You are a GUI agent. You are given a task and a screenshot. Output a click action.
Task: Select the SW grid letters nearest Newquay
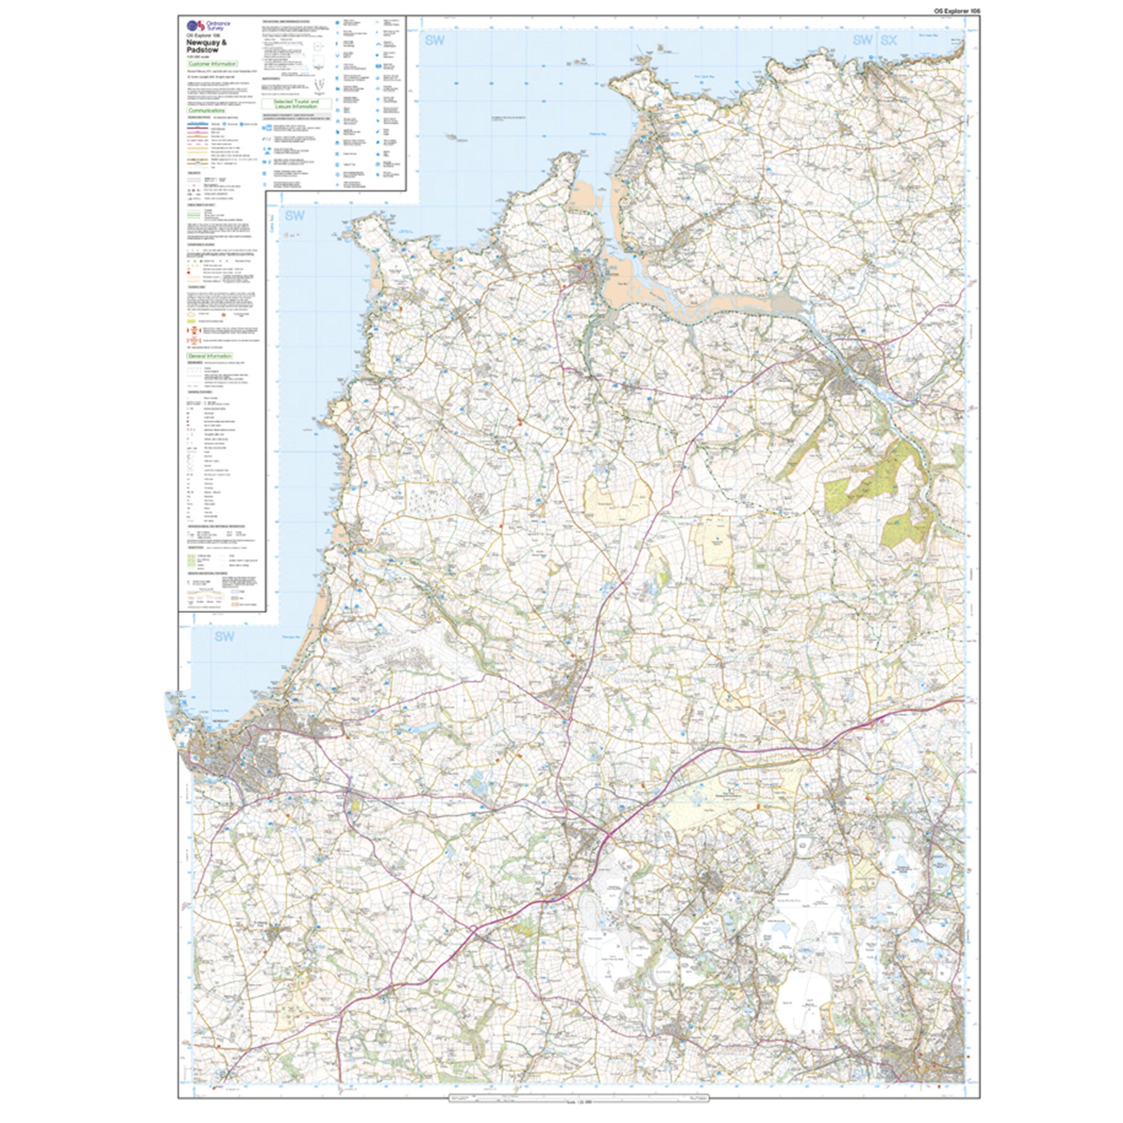pyautogui.click(x=224, y=636)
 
